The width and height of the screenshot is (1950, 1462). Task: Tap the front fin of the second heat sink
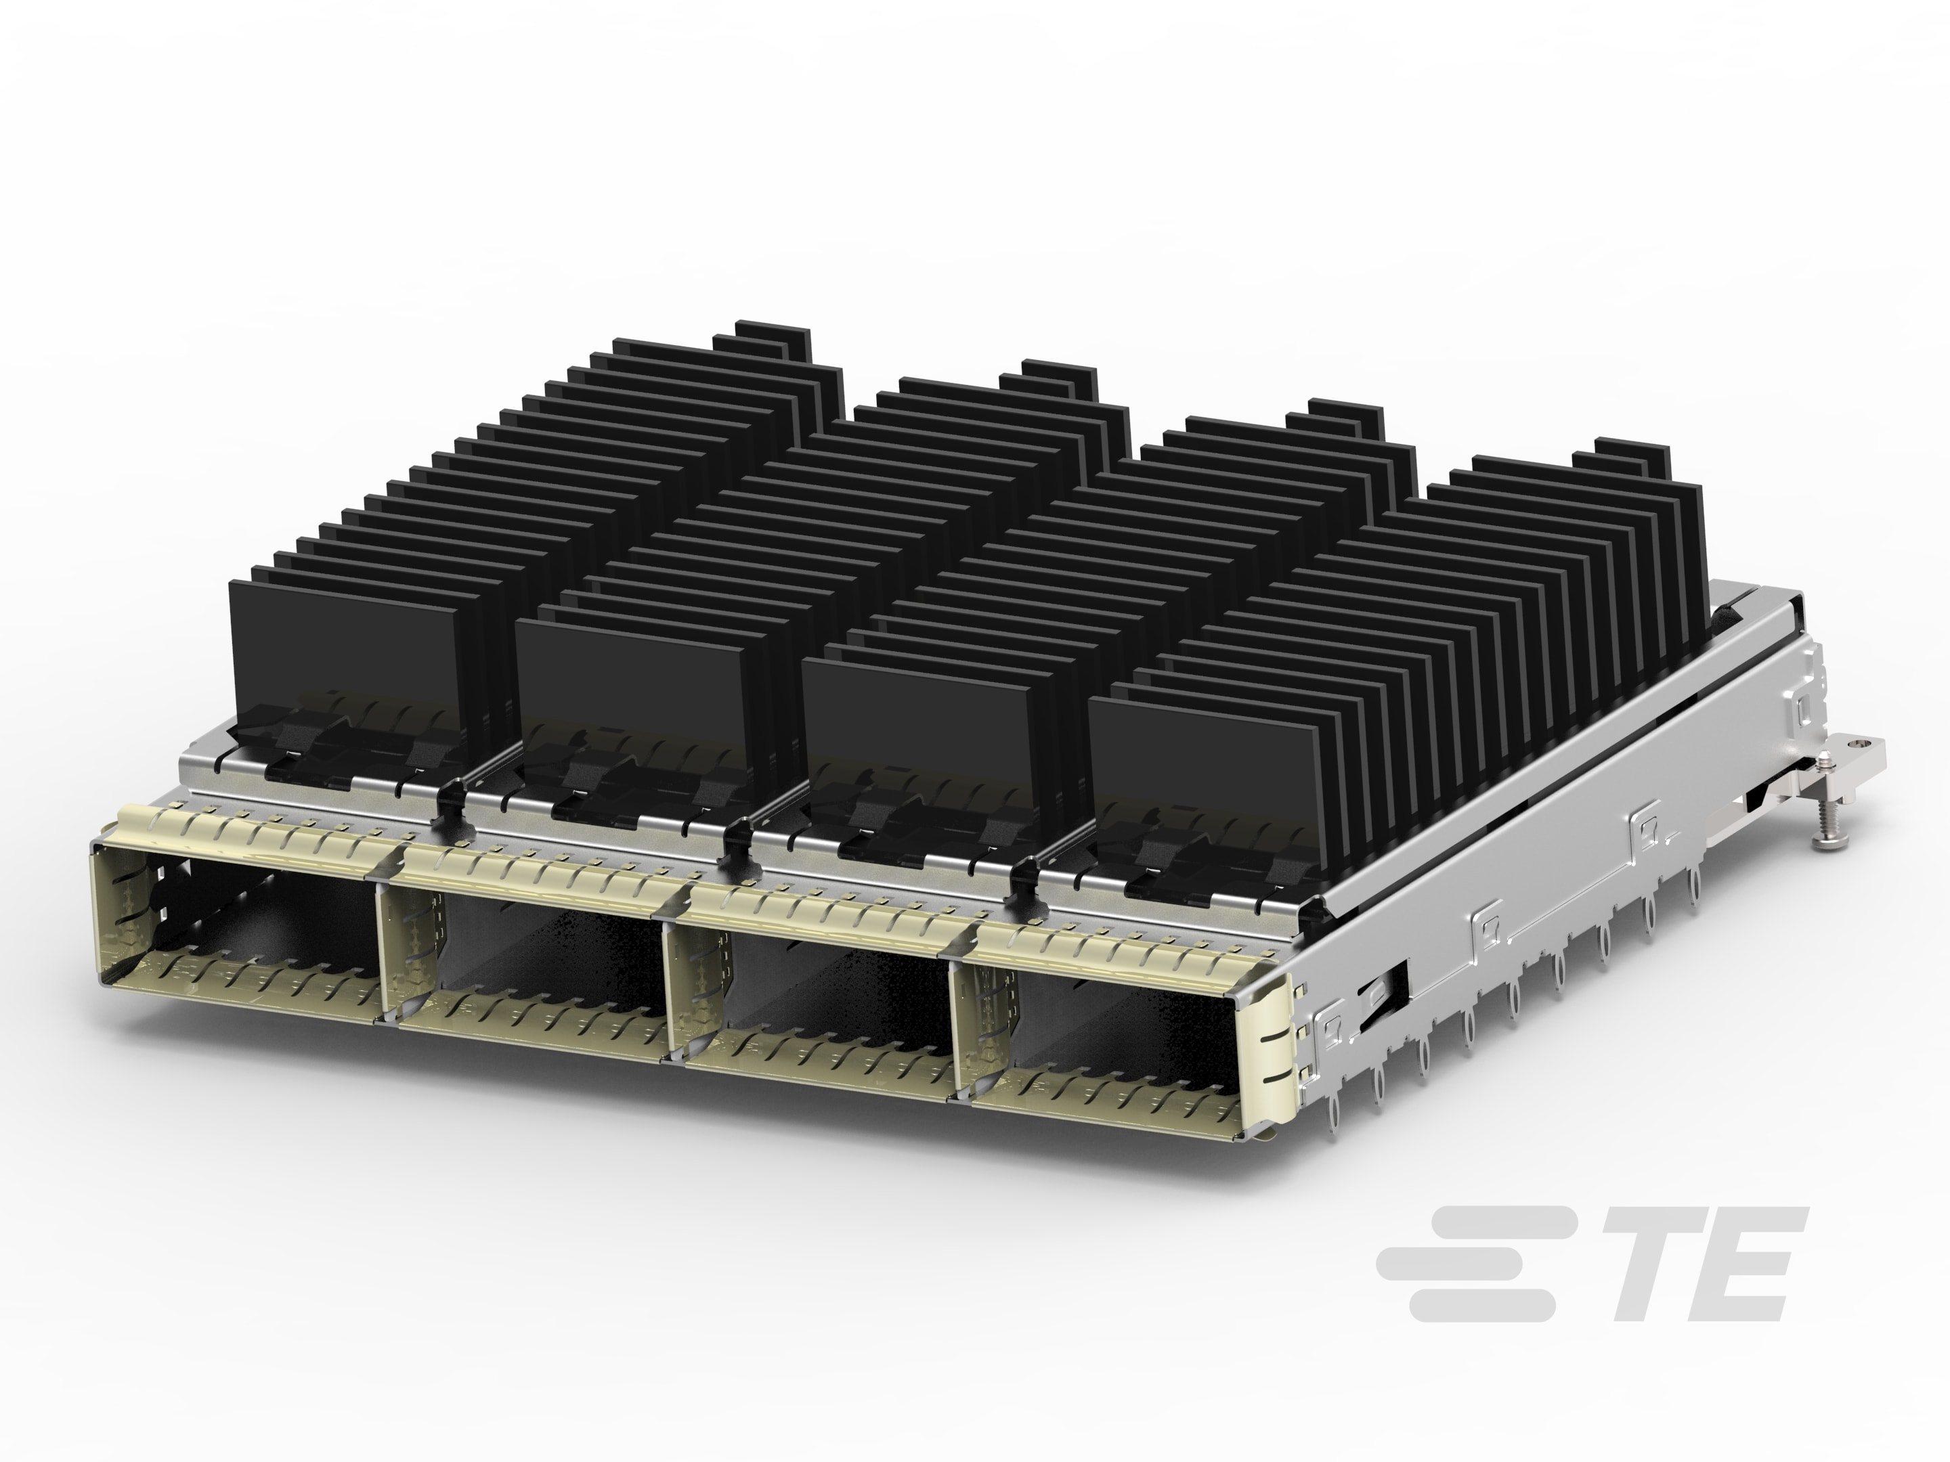[x=630, y=679]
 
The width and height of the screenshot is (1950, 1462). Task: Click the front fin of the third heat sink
[x=917, y=714]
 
